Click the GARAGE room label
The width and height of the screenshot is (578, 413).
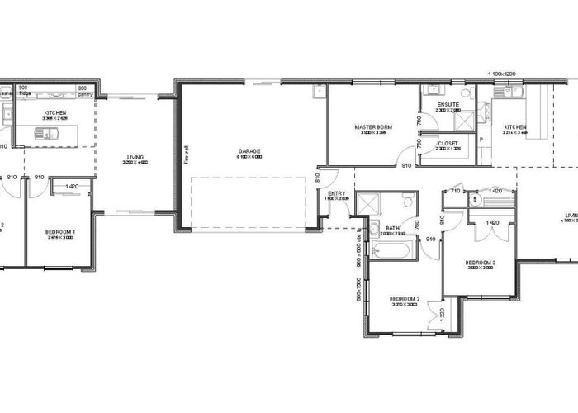(x=250, y=151)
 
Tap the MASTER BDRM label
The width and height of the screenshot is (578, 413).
(x=373, y=127)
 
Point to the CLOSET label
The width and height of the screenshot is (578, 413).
(x=448, y=143)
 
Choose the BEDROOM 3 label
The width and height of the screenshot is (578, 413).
(x=481, y=263)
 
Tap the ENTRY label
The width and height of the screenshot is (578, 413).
(x=337, y=193)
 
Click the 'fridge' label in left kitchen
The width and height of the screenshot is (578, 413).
(x=26, y=94)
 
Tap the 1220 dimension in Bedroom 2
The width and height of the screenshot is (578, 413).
(x=443, y=315)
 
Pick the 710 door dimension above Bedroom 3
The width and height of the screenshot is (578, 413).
(x=455, y=191)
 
